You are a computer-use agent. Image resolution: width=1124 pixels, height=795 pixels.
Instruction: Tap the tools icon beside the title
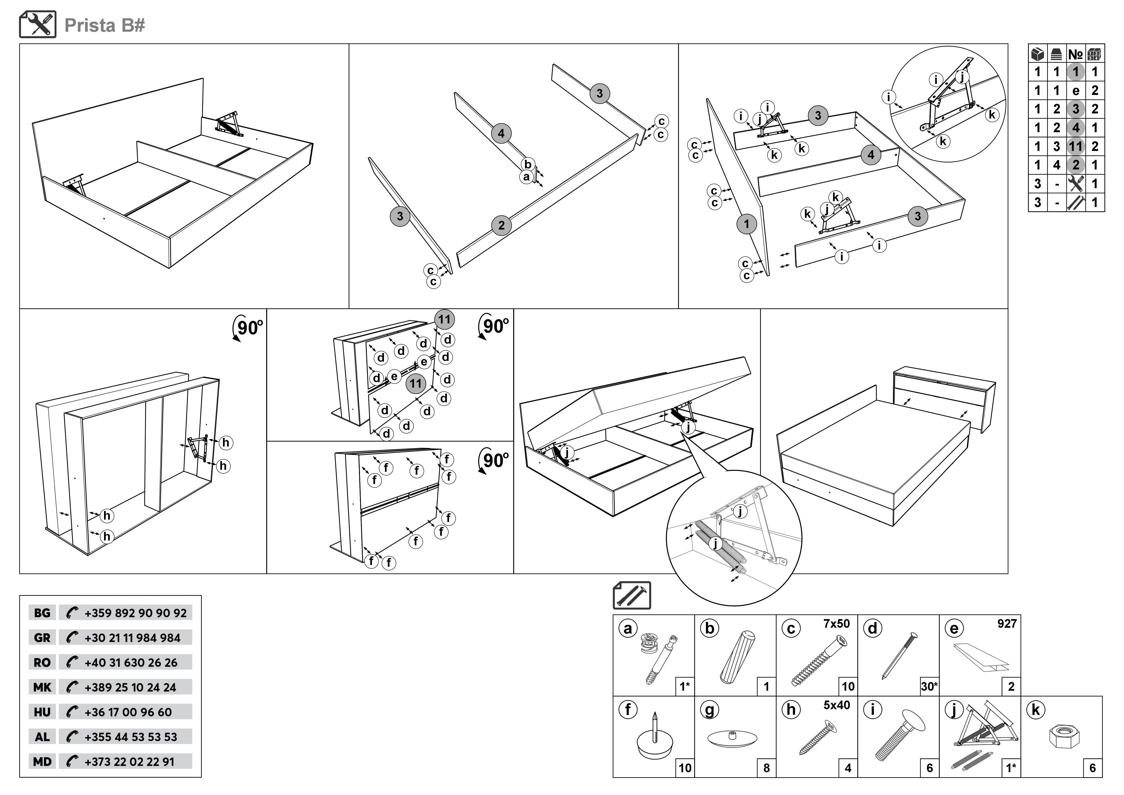click(38, 25)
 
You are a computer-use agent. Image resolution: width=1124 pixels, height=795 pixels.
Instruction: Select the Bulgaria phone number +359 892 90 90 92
click(135, 613)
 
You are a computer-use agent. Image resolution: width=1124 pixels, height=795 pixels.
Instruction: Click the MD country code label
click(42, 762)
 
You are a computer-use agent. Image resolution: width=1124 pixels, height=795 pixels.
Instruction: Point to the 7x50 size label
click(836, 624)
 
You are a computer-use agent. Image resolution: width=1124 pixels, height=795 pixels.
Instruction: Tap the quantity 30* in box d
click(929, 686)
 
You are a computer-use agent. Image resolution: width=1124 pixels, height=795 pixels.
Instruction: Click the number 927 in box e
click(1007, 624)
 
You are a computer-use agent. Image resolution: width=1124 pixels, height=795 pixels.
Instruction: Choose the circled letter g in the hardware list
click(709, 710)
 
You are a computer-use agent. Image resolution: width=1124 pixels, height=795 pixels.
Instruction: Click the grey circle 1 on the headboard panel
click(746, 224)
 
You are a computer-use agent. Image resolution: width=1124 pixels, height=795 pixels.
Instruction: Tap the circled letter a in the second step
click(526, 177)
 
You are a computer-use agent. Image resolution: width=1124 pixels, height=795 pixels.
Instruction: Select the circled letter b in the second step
click(528, 164)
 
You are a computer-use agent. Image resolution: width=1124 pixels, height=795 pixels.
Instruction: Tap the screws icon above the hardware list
click(631, 595)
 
